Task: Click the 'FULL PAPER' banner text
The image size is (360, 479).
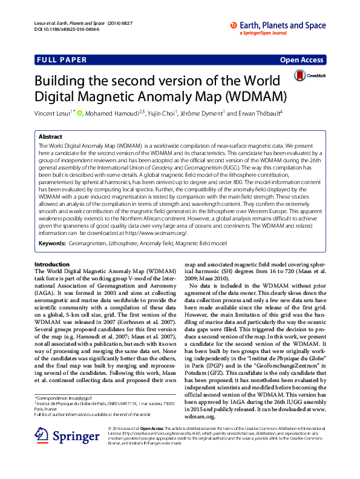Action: click(62, 60)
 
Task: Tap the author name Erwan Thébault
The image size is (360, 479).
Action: click(269, 113)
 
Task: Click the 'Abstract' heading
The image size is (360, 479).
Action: click(50, 137)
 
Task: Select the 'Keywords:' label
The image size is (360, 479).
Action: click(52, 243)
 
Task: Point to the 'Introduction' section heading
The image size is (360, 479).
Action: click(52, 265)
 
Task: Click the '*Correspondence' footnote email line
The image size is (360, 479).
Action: click(68, 397)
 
